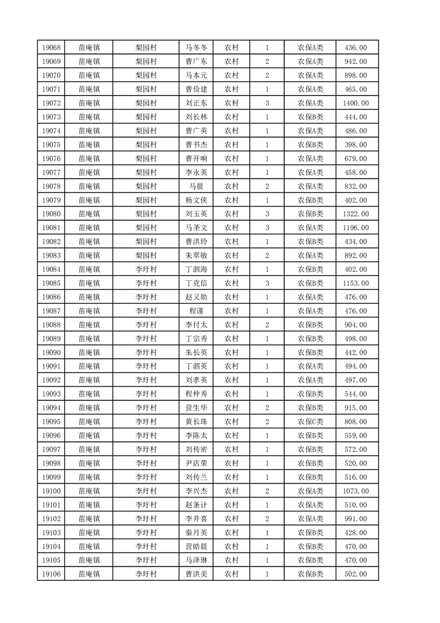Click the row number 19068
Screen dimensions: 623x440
pyautogui.click(x=51, y=48)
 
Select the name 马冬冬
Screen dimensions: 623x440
pyautogui.click(x=196, y=48)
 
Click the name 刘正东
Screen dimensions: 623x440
pyautogui.click(x=196, y=103)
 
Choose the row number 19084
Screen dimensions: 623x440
pyautogui.click(x=51, y=269)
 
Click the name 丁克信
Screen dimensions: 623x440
pyautogui.click(x=196, y=283)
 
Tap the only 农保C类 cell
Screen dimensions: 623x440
pyautogui.click(x=310, y=421)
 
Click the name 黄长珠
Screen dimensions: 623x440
pyautogui.click(x=196, y=421)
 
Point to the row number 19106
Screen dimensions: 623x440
pyautogui.click(x=51, y=574)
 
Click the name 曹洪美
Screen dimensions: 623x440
pyautogui.click(x=196, y=574)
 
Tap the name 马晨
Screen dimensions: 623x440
pyautogui.click(x=196, y=186)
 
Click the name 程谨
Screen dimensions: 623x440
pyautogui.click(x=196, y=311)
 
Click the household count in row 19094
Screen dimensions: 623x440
pyautogui.click(x=267, y=408)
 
